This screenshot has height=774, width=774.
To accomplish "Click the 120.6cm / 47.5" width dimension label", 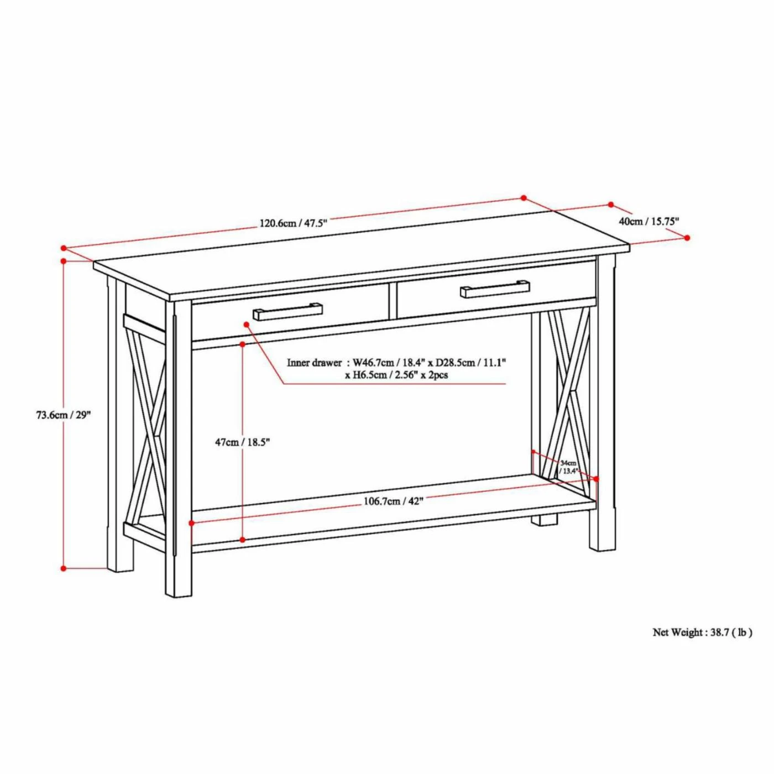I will coord(294,223).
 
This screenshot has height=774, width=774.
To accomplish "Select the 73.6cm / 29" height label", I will coord(63,415).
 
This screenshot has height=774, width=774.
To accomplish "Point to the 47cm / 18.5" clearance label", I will coord(242,442).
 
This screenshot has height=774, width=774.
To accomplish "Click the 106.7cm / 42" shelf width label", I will coord(393,501).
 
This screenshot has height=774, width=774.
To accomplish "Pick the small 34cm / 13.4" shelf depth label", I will coord(568,467).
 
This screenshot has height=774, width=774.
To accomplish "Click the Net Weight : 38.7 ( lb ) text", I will coord(702,632).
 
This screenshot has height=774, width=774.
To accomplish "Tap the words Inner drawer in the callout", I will coord(314,363).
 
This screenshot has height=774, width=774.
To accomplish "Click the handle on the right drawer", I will coord(495,289).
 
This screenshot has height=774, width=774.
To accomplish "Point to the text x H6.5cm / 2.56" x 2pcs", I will coord(396,375).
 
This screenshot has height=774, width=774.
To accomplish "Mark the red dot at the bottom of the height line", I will coord(64,568).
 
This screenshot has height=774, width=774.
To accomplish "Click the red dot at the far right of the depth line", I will coord(687,238).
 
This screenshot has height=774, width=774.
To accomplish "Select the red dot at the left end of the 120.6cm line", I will coord(64,248).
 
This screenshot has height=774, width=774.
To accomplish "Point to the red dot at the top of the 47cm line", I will coord(243,344).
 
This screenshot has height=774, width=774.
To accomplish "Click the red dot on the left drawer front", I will coord(246,323).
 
